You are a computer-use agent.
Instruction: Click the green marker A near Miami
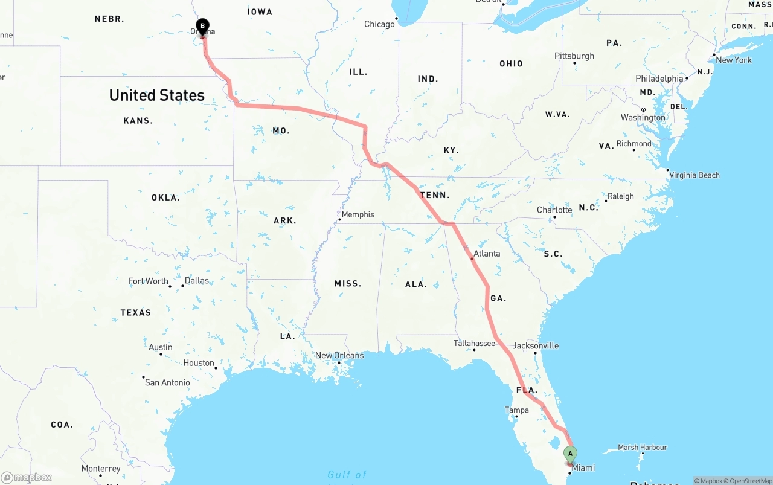coord(570,454)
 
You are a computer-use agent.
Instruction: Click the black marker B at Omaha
coord(203,27)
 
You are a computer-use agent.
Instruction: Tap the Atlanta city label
coord(487,254)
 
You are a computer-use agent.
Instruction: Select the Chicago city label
coord(379,24)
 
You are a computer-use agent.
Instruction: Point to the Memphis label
coord(358,214)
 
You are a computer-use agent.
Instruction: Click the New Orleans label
coord(339,355)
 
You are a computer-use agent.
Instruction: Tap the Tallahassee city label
coord(474,344)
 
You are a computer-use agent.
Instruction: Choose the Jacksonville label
coord(536,346)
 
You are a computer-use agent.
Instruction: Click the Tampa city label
coord(516,410)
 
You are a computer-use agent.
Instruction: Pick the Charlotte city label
coord(554,210)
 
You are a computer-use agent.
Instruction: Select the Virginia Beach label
coord(694,175)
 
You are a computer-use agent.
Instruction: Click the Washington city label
coord(643,117)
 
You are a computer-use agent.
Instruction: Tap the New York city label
coord(734,60)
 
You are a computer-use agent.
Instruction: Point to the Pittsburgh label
coord(574,56)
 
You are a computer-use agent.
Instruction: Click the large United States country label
coord(157,95)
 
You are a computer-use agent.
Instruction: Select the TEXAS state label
coord(136,312)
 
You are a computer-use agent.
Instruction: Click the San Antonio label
coord(167,382)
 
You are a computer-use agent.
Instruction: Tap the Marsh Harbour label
coord(643,448)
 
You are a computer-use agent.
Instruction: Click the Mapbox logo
coord(27,477)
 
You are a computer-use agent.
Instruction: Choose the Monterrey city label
coord(101,469)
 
